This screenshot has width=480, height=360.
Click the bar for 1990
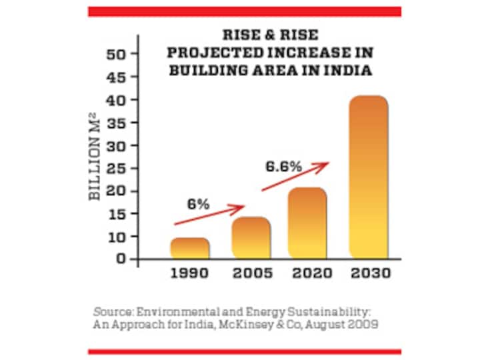190,248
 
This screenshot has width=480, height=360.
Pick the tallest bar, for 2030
367,177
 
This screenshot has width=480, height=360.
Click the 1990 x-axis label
190,273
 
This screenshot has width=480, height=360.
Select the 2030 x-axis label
368,273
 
